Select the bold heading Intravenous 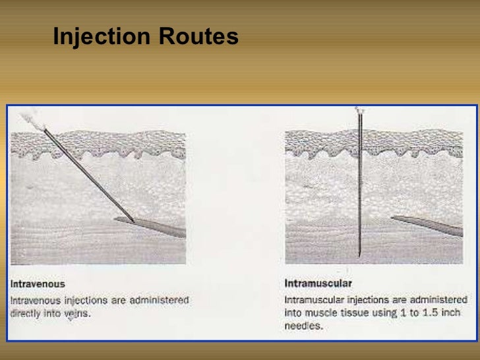pyautogui.click(x=38, y=284)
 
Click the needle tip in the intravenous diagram pyautogui.click(x=134, y=222)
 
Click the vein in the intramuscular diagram pyautogui.click(x=429, y=225)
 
